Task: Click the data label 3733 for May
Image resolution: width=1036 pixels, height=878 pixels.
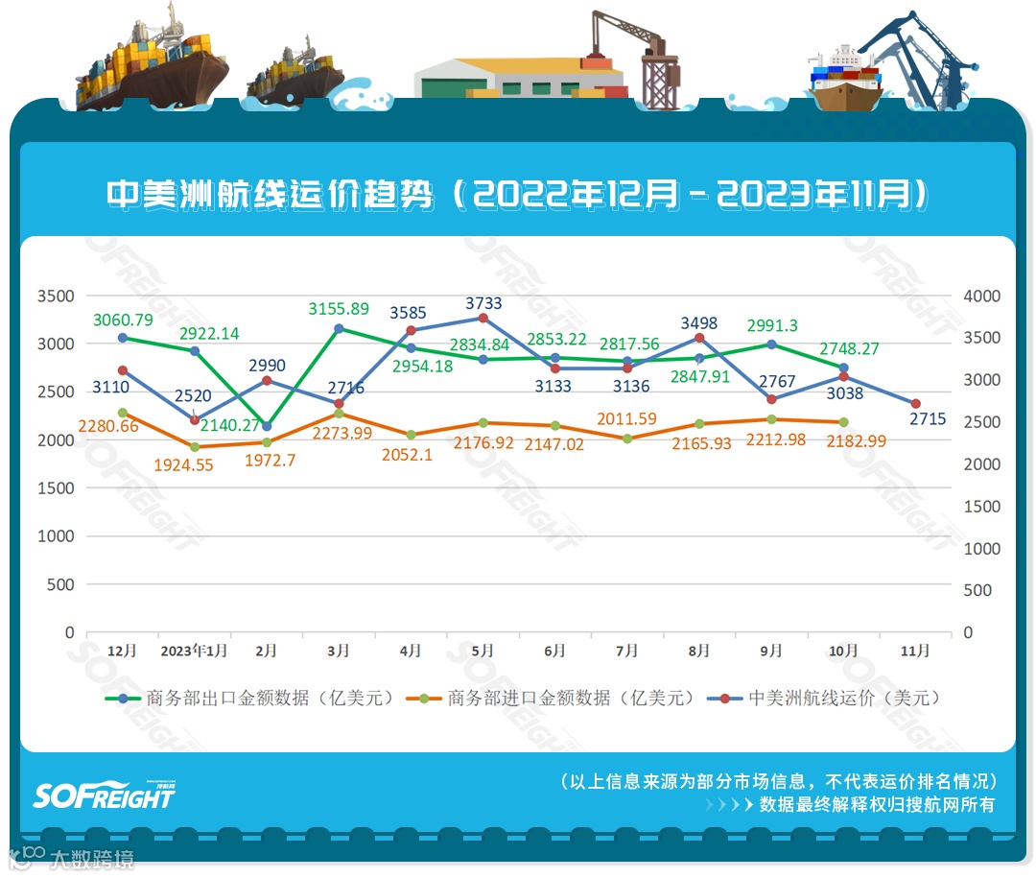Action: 483,303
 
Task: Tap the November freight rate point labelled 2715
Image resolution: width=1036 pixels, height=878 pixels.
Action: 916,404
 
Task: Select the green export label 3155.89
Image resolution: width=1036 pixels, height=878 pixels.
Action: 338,309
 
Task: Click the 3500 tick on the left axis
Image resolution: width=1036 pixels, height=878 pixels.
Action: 55,296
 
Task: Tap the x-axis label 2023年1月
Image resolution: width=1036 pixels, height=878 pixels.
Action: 194,651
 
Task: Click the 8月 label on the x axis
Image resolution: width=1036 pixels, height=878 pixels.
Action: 698,651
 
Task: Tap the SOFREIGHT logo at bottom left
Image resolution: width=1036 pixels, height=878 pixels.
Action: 104,795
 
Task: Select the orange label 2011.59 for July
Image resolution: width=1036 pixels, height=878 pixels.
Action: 627,418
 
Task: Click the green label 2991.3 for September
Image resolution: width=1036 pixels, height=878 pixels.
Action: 771,324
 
